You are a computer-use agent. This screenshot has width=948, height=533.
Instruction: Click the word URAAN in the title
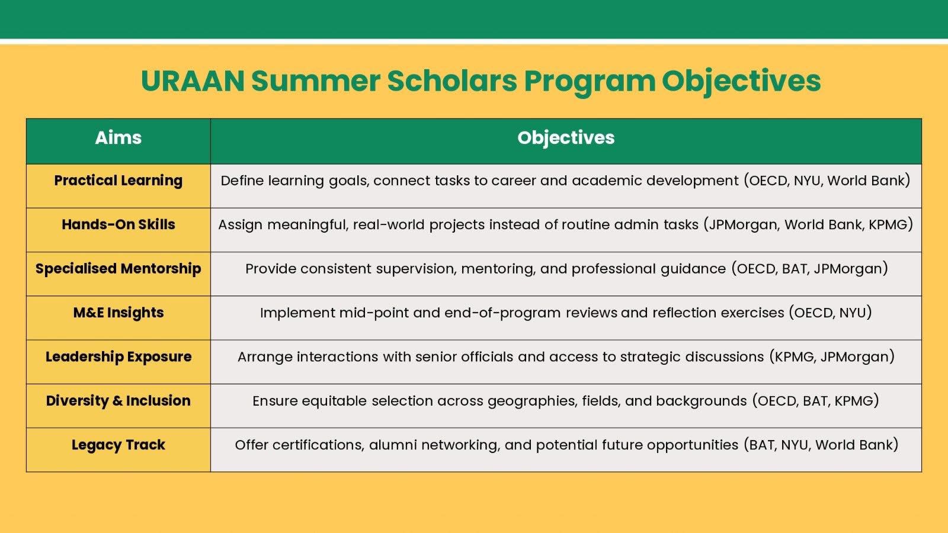pos(193,81)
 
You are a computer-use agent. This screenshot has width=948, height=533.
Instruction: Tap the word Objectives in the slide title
pos(741,82)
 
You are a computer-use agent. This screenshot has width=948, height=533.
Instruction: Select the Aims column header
pos(118,137)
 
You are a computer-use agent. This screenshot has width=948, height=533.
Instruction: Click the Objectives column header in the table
pos(566,139)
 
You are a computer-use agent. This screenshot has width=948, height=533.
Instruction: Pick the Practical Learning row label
pos(118,181)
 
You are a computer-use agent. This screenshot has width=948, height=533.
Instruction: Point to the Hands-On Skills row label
pos(118,224)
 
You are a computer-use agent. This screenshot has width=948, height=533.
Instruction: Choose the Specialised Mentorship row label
pos(118,269)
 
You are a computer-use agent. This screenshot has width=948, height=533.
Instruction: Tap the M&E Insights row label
pos(118,313)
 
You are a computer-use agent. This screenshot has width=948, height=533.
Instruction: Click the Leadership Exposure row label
pos(118,357)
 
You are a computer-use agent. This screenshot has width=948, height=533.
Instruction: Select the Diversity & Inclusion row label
pos(118,400)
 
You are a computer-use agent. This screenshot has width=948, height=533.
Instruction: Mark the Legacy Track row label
pos(118,445)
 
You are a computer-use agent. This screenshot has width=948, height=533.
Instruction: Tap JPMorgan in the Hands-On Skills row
pos(744,224)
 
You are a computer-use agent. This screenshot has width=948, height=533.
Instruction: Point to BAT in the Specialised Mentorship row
pos(794,269)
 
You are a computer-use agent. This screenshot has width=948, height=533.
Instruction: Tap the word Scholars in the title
pos(452,81)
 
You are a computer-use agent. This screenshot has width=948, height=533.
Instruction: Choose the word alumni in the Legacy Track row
pos(393,445)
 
